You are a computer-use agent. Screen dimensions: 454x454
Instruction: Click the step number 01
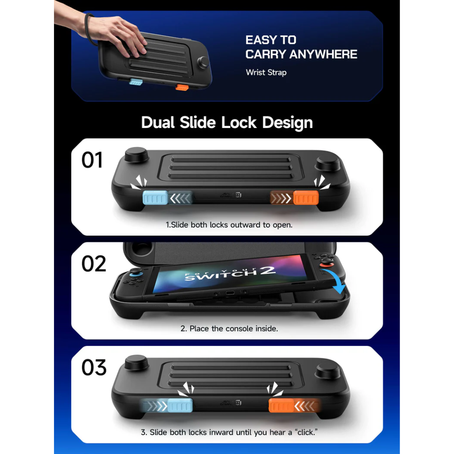pyautogui.click(x=92, y=160)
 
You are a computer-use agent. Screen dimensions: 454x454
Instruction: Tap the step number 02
pyautogui.click(x=94, y=264)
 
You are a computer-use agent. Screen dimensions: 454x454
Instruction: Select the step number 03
pyautogui.click(x=94, y=367)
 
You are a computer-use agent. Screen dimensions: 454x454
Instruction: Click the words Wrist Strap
pyautogui.click(x=266, y=72)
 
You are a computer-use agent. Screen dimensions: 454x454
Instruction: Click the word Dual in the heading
pyautogui.click(x=159, y=123)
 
